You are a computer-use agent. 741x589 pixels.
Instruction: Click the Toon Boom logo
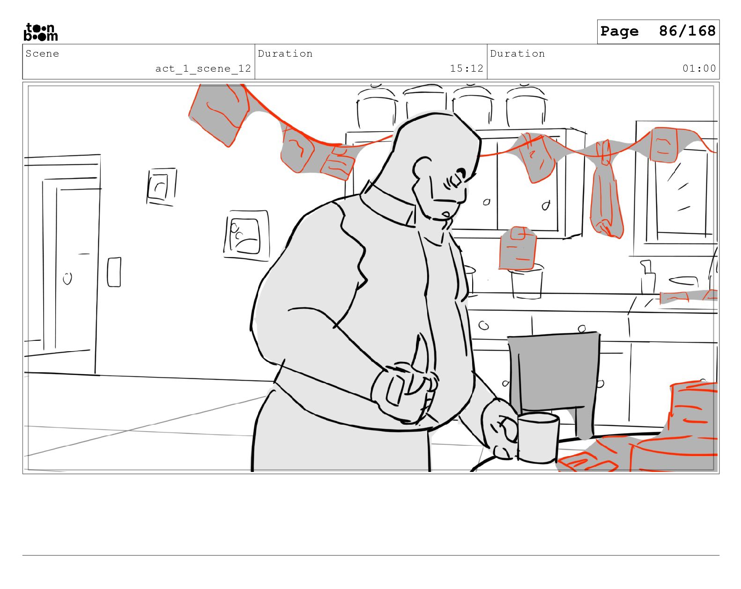(41, 32)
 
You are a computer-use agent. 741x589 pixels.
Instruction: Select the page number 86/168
(687, 31)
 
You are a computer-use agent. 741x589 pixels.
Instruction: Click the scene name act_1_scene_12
(203, 68)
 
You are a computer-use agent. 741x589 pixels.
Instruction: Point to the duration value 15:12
(467, 68)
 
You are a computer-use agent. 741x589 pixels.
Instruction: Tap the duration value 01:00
(699, 68)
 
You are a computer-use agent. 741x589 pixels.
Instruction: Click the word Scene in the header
(42, 54)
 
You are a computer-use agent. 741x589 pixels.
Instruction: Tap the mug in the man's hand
(537, 438)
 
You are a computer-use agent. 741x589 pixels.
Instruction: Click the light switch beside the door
(114, 272)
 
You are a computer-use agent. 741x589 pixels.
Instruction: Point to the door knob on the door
(67, 278)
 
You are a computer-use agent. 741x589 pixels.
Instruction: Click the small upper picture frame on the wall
(161, 186)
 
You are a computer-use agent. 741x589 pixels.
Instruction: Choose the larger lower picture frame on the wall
(246, 236)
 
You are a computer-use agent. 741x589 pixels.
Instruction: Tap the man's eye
(459, 173)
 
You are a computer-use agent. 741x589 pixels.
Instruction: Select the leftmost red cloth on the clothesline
(219, 114)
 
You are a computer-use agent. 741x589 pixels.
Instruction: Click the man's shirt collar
(387, 205)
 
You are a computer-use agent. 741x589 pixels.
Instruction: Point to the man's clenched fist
(405, 392)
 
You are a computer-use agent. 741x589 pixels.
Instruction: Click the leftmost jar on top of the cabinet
(376, 107)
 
